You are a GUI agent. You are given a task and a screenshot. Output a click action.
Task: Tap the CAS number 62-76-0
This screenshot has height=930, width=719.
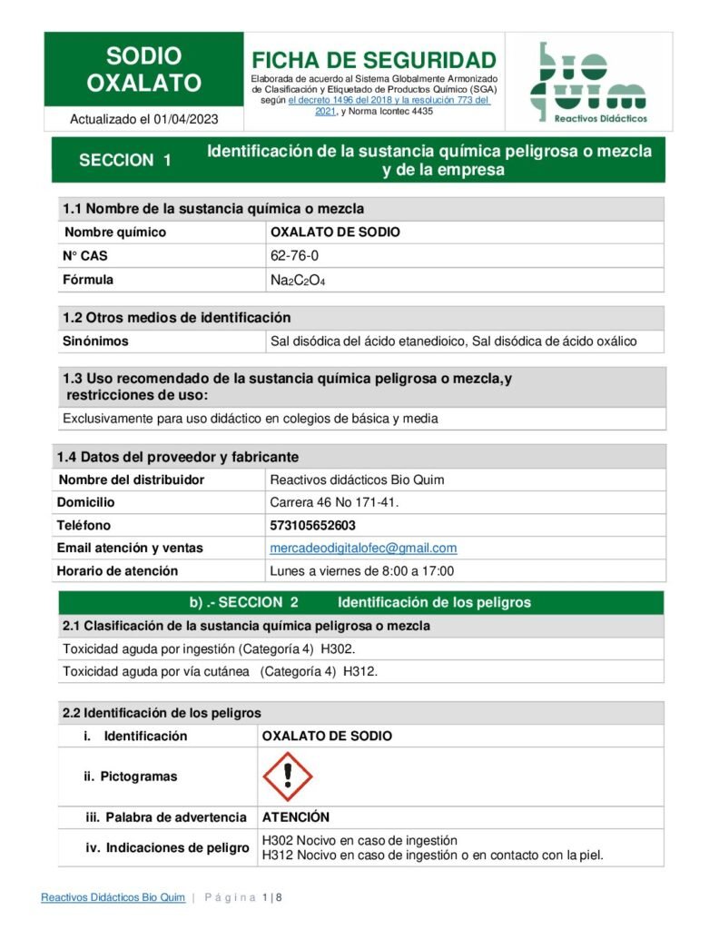click(294, 256)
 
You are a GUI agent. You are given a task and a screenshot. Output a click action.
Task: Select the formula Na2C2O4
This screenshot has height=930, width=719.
click(297, 281)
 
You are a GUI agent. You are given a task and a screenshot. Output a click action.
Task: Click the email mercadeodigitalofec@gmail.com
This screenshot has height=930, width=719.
click(363, 549)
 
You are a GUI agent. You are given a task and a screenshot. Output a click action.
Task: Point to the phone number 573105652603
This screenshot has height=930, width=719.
click(312, 526)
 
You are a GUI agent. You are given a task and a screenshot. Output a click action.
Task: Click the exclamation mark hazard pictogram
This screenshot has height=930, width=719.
click(287, 776)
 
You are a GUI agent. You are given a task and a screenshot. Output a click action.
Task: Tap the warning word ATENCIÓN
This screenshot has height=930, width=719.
click(295, 817)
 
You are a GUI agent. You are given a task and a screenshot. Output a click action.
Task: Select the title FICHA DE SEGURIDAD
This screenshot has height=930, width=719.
click(374, 61)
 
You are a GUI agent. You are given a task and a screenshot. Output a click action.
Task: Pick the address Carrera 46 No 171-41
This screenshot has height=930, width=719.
click(334, 502)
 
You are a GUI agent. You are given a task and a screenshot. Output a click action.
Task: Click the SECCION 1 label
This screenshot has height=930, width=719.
click(125, 161)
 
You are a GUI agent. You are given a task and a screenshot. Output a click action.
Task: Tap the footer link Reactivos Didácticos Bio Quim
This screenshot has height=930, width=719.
click(113, 898)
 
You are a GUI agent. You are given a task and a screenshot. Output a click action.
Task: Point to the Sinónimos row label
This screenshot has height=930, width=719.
click(95, 341)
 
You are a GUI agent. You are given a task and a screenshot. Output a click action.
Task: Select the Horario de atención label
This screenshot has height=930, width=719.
click(117, 571)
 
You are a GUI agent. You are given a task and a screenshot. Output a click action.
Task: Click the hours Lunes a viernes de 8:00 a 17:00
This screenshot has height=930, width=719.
click(361, 571)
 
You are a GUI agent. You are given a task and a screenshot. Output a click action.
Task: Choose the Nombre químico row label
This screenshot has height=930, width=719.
click(114, 232)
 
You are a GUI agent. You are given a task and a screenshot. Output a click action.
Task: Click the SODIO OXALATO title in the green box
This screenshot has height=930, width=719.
click(143, 70)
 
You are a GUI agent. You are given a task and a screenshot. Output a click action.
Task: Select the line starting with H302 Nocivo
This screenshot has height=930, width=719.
click(359, 840)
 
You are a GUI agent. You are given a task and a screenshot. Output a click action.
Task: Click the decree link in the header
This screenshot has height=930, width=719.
click(389, 101)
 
